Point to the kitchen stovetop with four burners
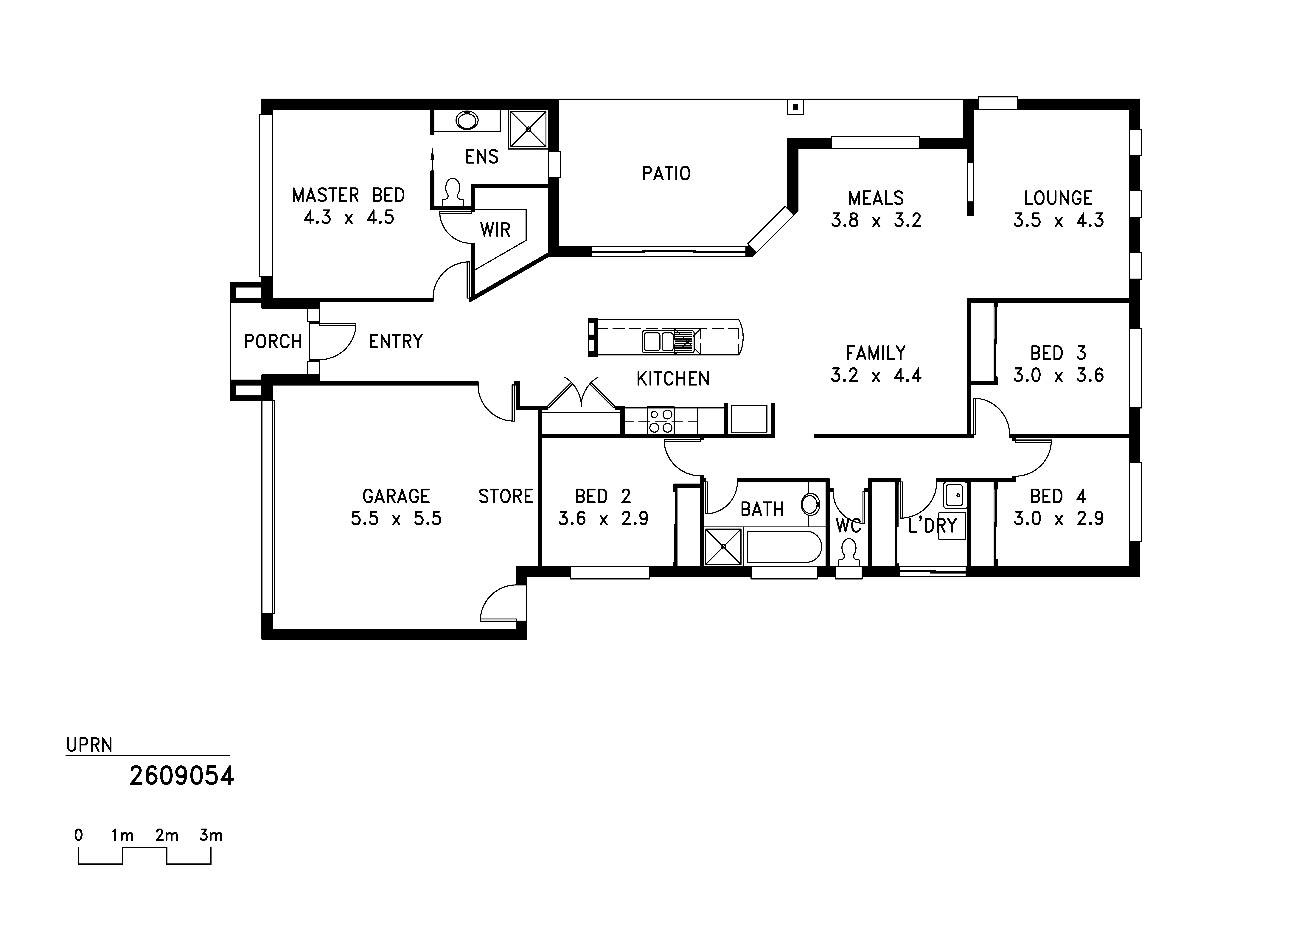point(661,421)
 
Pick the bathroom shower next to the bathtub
point(723,547)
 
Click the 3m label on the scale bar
point(211,836)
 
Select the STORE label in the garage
point(506,496)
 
